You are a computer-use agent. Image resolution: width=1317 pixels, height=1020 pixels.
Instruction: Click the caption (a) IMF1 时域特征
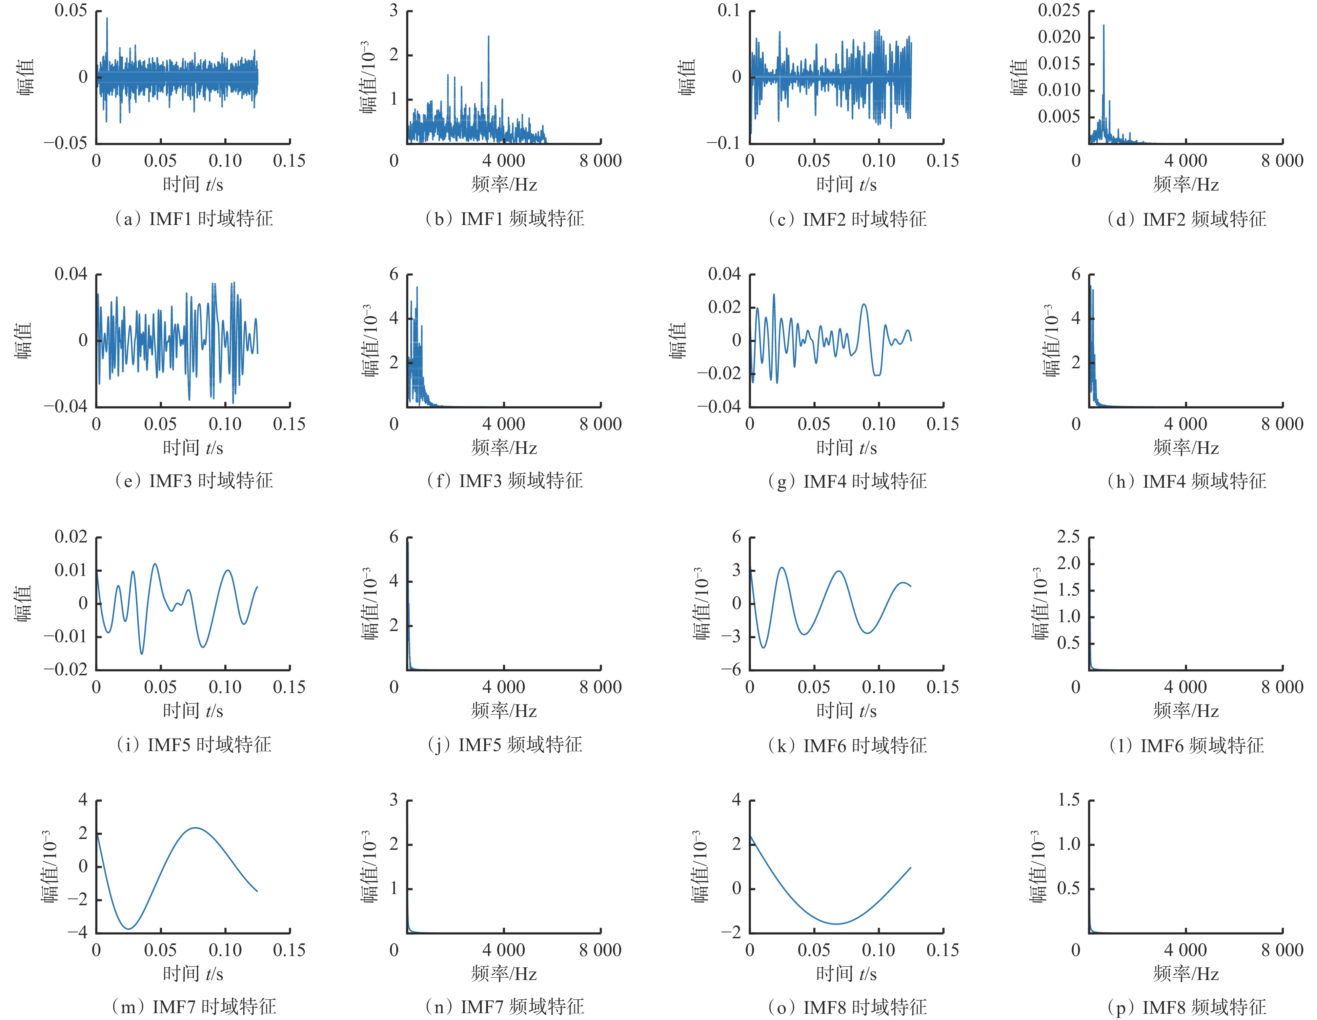[193, 218]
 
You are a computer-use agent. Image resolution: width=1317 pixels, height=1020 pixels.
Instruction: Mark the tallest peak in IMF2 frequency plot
[1104, 25]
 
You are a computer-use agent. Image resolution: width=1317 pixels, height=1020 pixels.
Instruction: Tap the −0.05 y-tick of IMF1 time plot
[66, 143]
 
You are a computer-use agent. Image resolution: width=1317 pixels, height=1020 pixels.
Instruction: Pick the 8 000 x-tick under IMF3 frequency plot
[600, 424]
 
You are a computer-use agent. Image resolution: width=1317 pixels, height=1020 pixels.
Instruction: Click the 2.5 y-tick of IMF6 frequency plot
[1068, 537]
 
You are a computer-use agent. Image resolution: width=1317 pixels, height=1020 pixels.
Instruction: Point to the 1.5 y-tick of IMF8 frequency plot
[1068, 800]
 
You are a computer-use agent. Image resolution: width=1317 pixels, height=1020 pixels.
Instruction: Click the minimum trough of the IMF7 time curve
[129, 928]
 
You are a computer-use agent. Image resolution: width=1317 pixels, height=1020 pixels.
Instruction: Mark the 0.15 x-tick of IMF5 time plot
[290, 687]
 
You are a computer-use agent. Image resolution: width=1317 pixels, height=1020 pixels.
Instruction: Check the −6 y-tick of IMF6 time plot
[731, 669]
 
